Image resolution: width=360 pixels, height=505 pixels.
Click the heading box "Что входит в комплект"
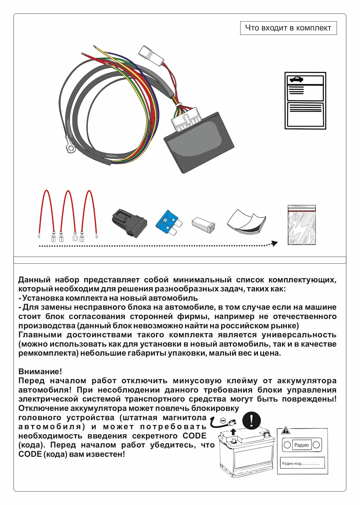pyautogui.click(x=288, y=28)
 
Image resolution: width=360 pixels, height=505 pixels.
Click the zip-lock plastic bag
pyautogui.click(x=301, y=225)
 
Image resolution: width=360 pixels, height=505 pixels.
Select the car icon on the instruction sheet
pyautogui.click(x=296, y=80)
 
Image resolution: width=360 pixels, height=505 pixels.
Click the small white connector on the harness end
pyautogui.click(x=151, y=55)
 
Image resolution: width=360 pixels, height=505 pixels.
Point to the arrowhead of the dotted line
pyautogui.click(x=274, y=243)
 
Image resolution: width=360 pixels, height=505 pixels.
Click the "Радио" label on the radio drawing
pyautogui.click(x=301, y=445)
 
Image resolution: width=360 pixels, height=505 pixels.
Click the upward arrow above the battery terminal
pyautogui.click(x=233, y=431)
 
